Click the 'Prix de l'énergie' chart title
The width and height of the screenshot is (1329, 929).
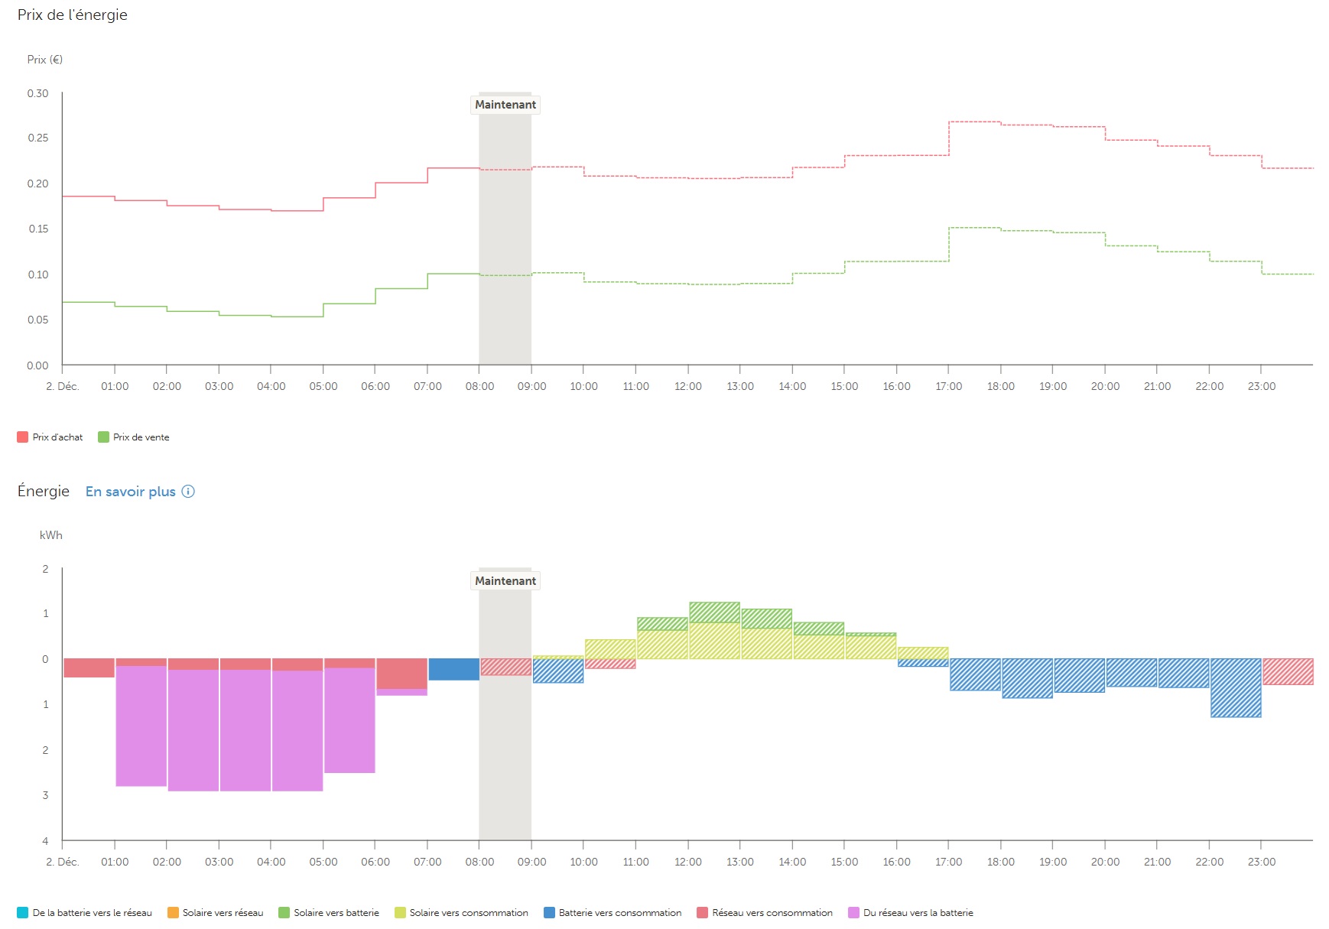(73, 15)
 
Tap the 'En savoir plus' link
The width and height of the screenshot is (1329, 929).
(131, 492)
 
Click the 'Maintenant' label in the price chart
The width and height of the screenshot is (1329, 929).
(505, 105)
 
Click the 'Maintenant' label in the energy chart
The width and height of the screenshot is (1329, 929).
(505, 581)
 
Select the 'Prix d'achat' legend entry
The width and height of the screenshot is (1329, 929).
(50, 437)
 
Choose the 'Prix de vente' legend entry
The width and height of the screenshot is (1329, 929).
(134, 437)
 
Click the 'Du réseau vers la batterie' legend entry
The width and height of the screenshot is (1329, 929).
(911, 913)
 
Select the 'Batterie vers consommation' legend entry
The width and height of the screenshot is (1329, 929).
(613, 913)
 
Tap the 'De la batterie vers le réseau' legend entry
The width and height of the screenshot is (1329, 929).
(85, 913)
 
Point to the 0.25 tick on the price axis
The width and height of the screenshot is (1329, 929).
(37, 138)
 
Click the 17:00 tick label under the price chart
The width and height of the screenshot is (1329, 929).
(948, 387)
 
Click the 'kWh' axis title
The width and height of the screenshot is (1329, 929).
(51, 535)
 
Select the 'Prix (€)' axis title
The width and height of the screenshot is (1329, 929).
(45, 60)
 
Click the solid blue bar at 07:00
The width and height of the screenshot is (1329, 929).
(453, 669)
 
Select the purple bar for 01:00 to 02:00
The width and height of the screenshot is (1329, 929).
(141, 726)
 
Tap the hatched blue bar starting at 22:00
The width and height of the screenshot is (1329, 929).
(1236, 687)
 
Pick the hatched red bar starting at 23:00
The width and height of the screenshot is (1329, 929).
(1288, 671)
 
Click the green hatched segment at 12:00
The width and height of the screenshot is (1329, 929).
(714, 612)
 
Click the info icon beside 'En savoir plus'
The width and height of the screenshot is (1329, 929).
(188, 492)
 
